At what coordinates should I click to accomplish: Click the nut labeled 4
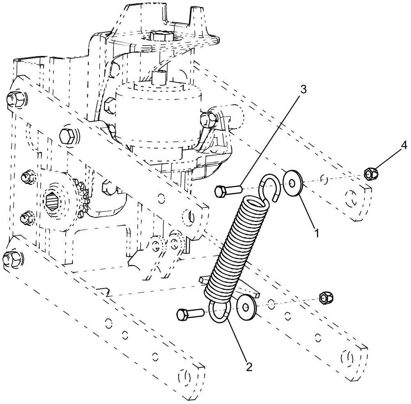click(x=371, y=175)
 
